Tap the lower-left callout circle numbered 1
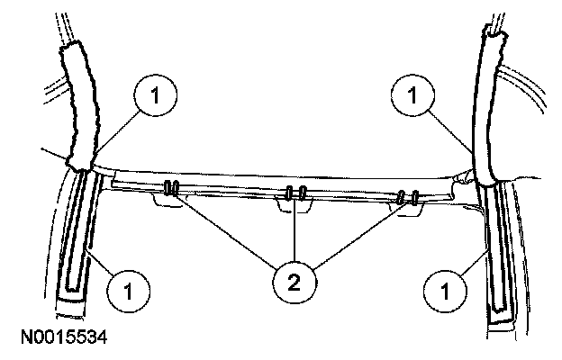(x=127, y=290)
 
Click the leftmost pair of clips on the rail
(x=170, y=189)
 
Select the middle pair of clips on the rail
(x=295, y=193)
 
